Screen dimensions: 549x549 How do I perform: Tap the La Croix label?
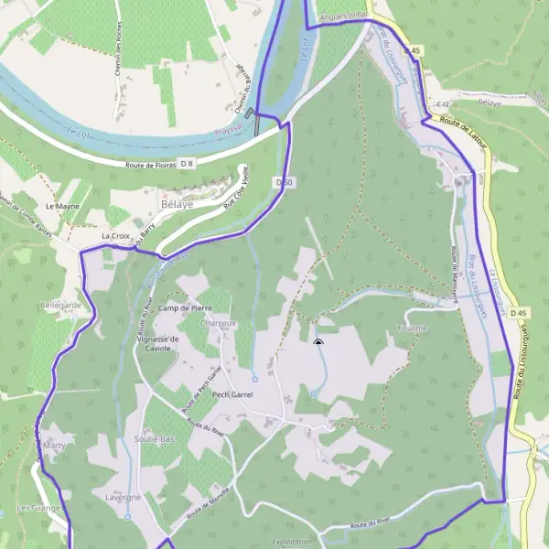click(x=116, y=236)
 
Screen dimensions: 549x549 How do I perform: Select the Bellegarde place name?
click(x=60, y=304)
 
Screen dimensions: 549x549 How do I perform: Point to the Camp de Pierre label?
click(x=184, y=308)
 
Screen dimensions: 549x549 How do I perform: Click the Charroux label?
click(x=218, y=323)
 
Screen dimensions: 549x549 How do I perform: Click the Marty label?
click(x=55, y=446)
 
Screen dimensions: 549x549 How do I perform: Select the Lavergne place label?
click(x=123, y=497)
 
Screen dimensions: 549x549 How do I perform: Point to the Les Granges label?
click(x=38, y=508)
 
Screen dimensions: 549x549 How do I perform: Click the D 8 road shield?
click(x=187, y=163)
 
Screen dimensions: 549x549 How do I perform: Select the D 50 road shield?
click(x=284, y=182)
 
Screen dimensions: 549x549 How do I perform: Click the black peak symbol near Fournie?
click(x=318, y=342)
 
